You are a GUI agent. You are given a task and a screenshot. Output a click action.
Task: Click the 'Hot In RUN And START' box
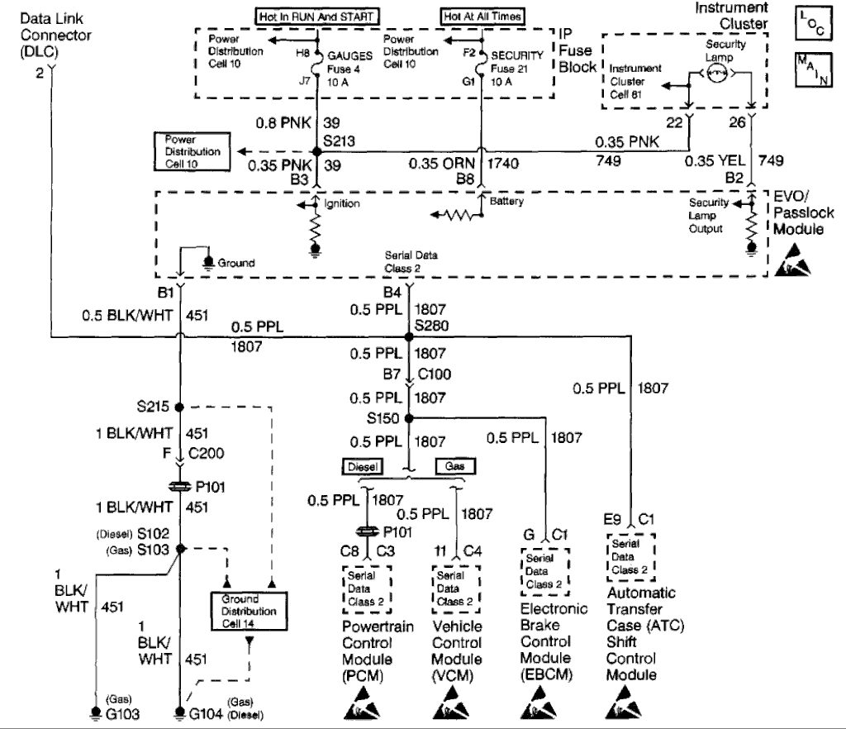pyautogui.click(x=316, y=17)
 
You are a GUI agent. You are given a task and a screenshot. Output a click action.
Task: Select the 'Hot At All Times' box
pyautogui.click(x=482, y=17)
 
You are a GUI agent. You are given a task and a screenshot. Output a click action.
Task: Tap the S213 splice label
pyautogui.click(x=339, y=141)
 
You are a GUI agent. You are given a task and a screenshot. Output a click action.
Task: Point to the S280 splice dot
pyautogui.click(x=409, y=337)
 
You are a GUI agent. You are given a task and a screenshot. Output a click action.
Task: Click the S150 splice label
pyautogui.click(x=383, y=418)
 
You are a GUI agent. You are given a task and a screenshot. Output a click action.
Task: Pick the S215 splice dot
pyautogui.click(x=179, y=407)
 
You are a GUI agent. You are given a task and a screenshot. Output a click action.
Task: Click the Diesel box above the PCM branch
pyautogui.click(x=363, y=467)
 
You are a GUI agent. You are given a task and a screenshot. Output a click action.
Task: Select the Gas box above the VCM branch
pyautogui.click(x=455, y=466)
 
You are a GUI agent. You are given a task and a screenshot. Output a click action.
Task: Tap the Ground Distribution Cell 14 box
pyautogui.click(x=249, y=612)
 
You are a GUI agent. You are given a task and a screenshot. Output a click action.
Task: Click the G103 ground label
pyautogui.click(x=122, y=714)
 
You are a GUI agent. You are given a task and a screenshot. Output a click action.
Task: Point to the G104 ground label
pyautogui.click(x=206, y=714)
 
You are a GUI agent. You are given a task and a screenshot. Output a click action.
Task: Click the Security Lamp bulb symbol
pyautogui.click(x=717, y=74)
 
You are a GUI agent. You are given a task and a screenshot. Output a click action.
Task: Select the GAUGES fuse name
pyautogui.click(x=349, y=56)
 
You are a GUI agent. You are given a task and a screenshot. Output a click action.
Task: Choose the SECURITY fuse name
pyautogui.click(x=517, y=55)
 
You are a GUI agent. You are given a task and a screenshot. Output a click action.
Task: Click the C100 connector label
pyautogui.click(x=435, y=374)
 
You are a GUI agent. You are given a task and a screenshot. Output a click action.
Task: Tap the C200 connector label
pyautogui.click(x=206, y=453)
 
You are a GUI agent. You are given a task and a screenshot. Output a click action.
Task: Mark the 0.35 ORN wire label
pyautogui.click(x=441, y=164)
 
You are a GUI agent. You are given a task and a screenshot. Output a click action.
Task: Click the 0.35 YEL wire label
pyautogui.click(x=715, y=161)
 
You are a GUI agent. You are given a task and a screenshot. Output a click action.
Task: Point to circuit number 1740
pyautogui.click(x=503, y=164)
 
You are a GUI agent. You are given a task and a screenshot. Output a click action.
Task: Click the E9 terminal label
pyautogui.click(x=612, y=520)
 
